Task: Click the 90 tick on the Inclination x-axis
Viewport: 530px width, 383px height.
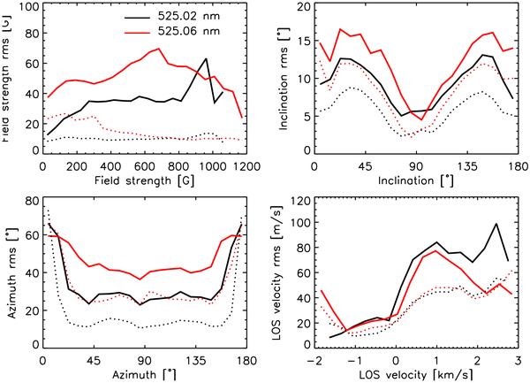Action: click(x=417, y=165)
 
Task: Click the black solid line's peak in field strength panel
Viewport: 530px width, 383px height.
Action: click(x=206, y=59)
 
